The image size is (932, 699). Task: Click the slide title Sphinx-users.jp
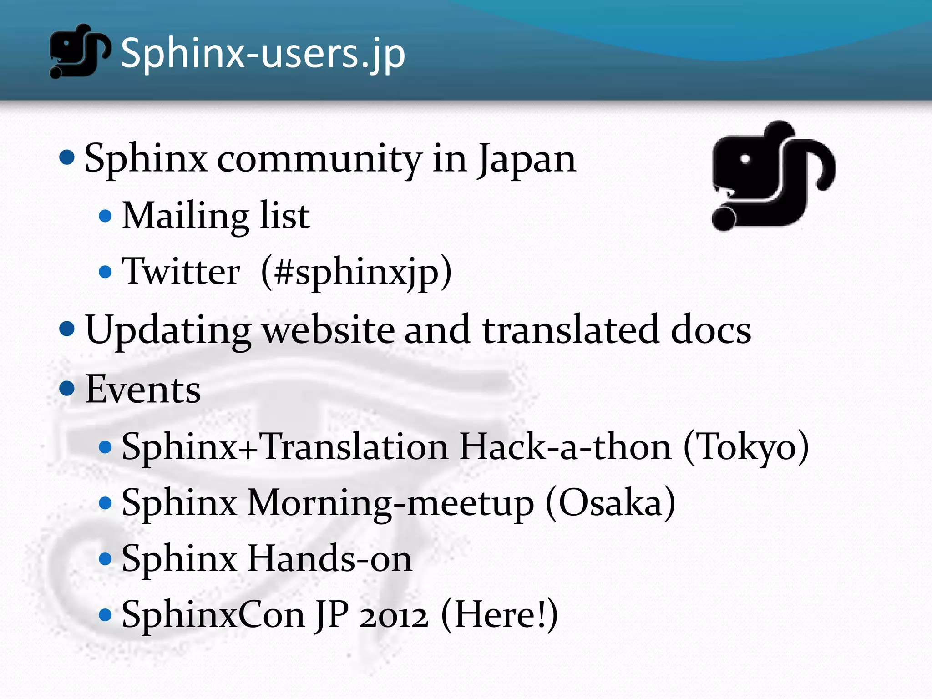263,54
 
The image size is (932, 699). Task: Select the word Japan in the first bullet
527,159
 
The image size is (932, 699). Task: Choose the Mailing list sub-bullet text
216,215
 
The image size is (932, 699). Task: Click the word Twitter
181,272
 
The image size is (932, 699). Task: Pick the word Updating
168,330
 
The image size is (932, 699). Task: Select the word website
329,330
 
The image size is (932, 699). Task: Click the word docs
710,330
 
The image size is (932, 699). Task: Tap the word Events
143,390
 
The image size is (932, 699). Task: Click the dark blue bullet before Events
67,388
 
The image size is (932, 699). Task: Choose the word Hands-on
329,559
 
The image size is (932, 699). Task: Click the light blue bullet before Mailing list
105,216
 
